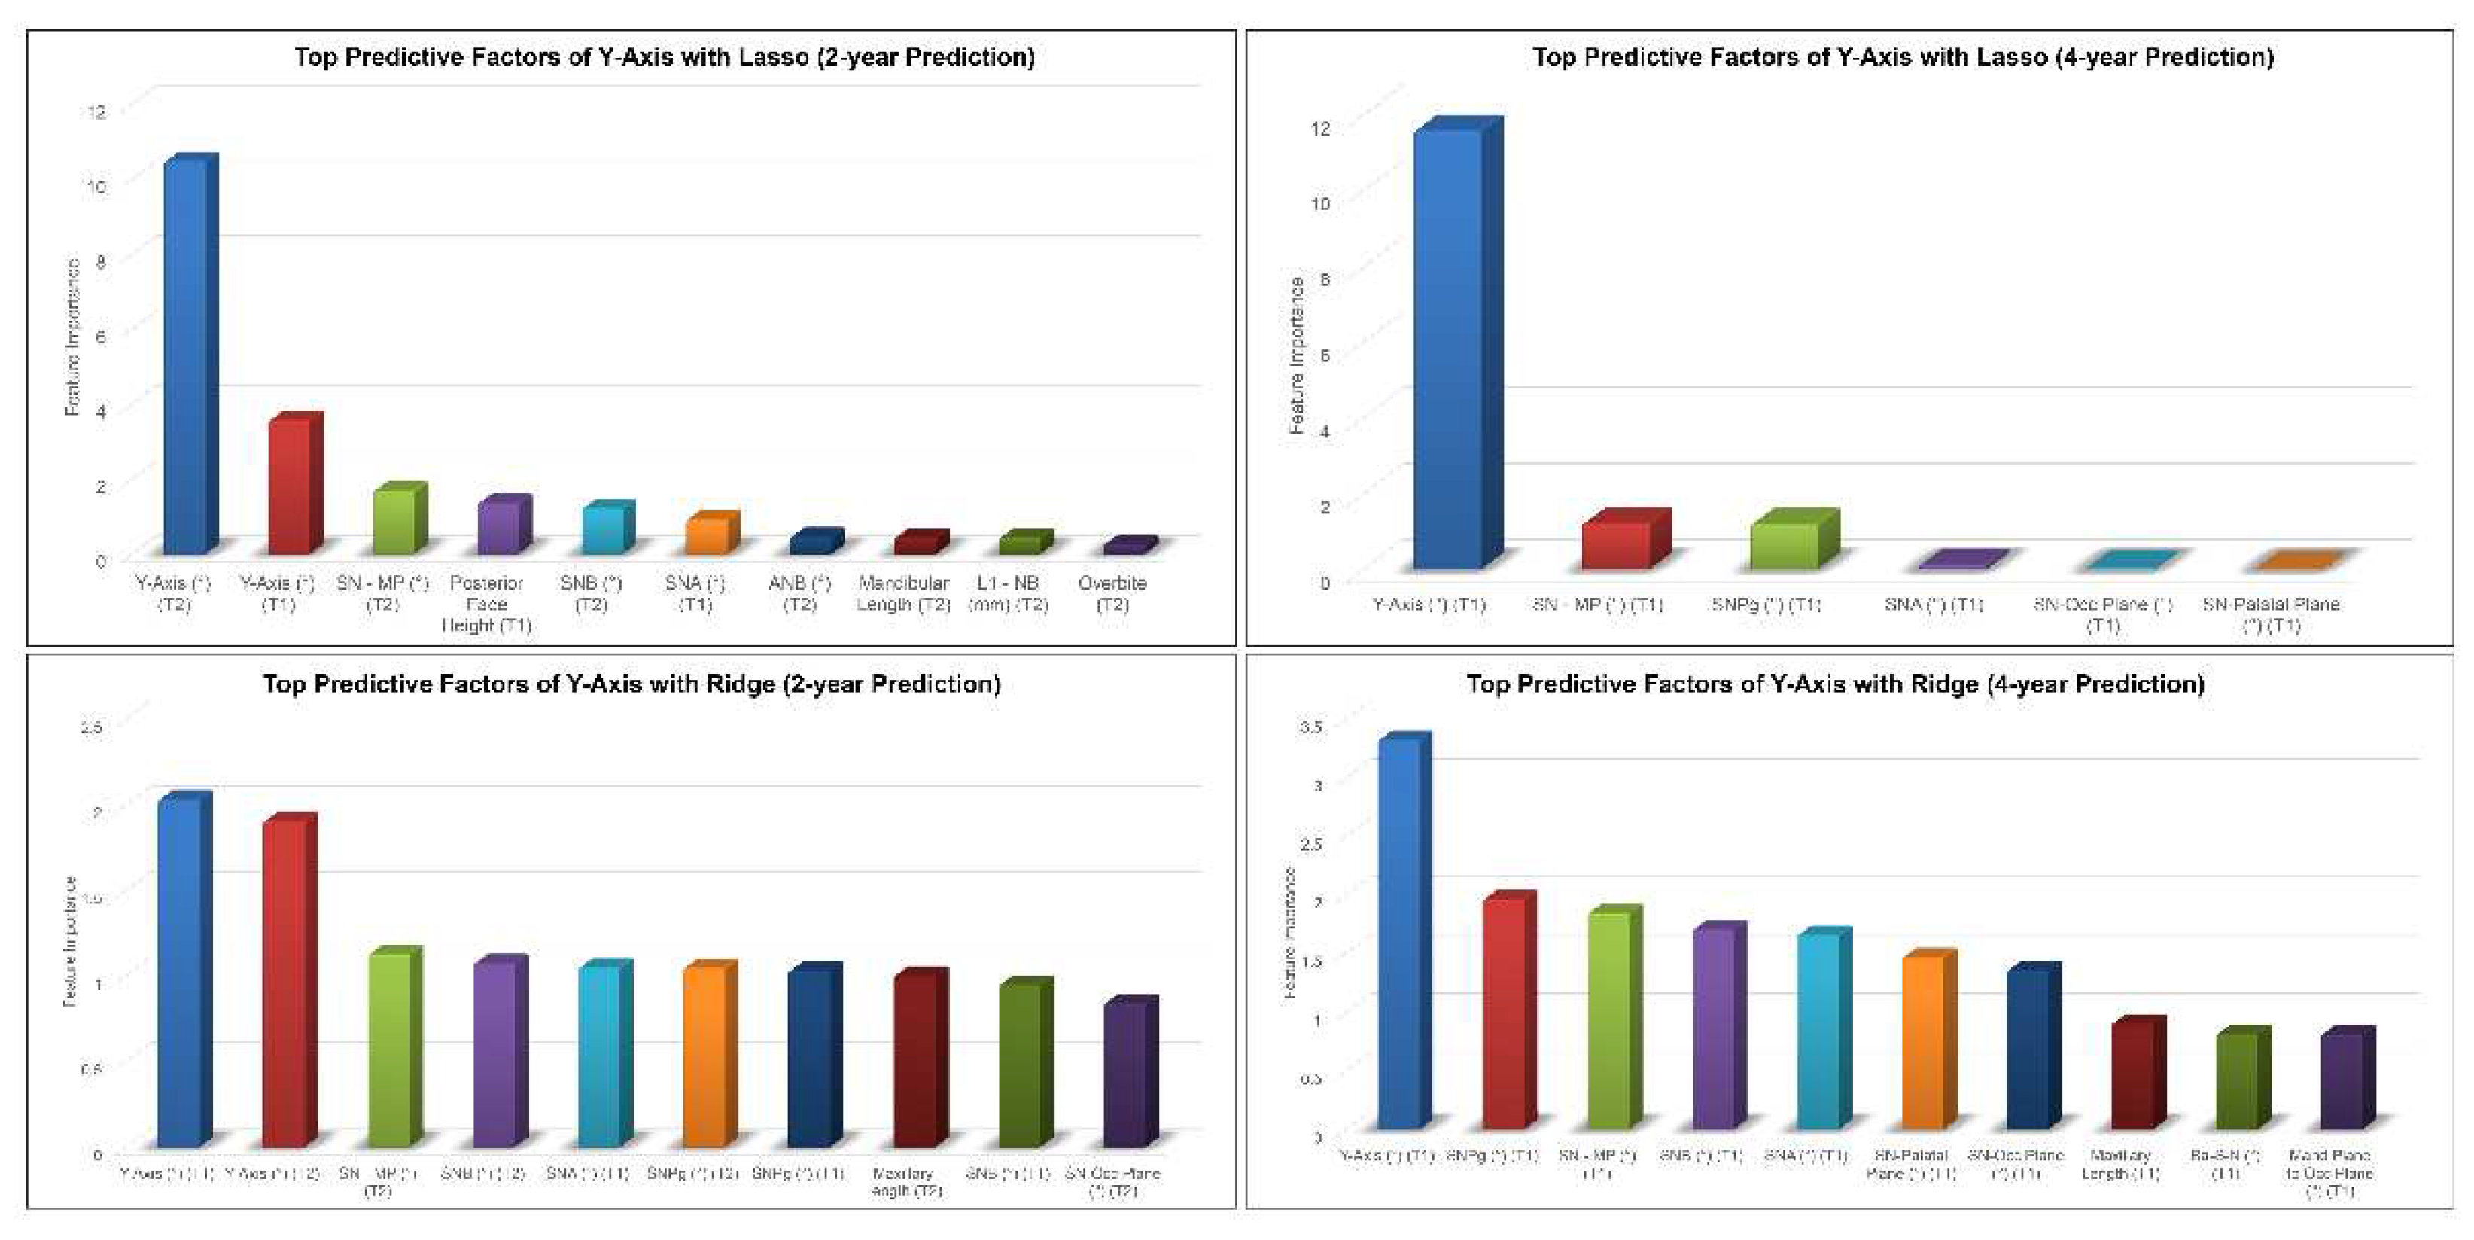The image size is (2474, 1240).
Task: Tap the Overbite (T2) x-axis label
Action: (x=1112, y=593)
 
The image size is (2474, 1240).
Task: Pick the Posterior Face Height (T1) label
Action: (x=486, y=603)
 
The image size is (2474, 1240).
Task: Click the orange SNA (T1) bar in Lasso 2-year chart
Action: (x=707, y=536)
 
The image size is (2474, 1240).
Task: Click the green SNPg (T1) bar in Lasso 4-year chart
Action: (x=1785, y=544)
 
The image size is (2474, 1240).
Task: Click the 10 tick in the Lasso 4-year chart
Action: (x=1321, y=203)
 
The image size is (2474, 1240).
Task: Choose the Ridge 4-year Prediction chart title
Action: (x=1834, y=684)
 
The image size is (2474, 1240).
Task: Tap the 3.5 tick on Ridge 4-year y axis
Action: (x=1311, y=727)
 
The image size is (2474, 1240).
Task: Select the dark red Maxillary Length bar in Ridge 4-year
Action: (x=2133, y=1076)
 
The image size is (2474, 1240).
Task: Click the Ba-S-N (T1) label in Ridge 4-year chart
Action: (x=2226, y=1164)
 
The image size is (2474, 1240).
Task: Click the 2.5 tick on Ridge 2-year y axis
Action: (x=91, y=728)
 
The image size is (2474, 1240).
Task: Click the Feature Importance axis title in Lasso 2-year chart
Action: (x=72, y=337)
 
